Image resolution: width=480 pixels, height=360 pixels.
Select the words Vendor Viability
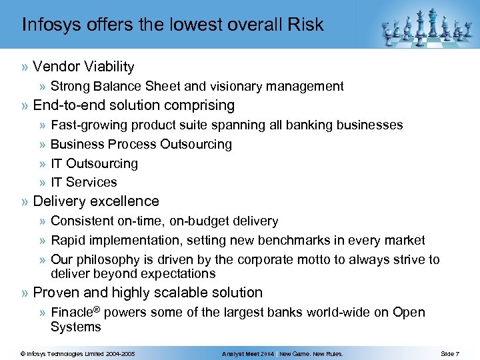point(83,67)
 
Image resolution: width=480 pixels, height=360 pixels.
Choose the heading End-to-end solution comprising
point(133,105)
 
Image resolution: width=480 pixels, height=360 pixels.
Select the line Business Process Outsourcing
point(141,144)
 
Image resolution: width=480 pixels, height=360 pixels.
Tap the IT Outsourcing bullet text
point(94,163)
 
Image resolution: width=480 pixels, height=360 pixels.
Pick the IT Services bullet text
point(83,182)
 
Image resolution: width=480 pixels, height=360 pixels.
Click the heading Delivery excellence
point(96,201)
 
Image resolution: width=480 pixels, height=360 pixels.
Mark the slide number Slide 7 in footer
point(449,353)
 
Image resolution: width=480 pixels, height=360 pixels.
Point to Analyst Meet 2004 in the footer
point(248,353)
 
